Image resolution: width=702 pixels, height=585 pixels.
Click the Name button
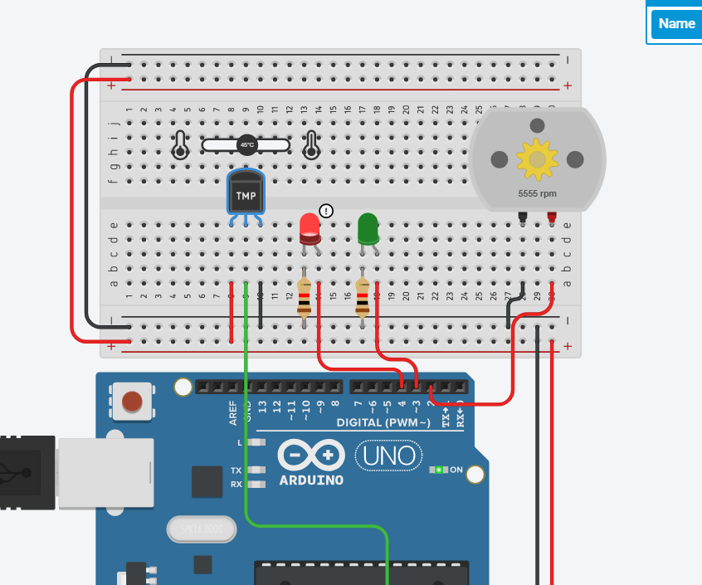(675, 23)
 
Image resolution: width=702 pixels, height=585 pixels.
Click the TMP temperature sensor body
(246, 195)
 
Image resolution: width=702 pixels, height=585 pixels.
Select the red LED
(309, 228)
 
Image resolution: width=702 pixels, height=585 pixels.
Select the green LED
(368, 228)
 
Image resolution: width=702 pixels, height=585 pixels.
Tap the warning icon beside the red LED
(326, 211)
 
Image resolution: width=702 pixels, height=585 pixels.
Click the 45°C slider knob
(246, 145)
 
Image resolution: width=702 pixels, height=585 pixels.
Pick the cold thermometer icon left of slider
(179, 145)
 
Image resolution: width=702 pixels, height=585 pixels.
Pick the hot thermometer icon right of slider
(311, 145)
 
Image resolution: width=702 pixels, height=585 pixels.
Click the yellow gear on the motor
(537, 159)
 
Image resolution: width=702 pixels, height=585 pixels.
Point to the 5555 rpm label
(537, 193)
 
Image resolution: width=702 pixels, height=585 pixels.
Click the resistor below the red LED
(305, 299)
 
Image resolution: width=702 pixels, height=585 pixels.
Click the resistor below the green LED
(363, 299)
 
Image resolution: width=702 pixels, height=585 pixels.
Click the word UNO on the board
(389, 456)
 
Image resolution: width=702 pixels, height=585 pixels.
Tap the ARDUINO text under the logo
(311, 480)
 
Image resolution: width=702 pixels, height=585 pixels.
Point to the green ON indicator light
(439, 470)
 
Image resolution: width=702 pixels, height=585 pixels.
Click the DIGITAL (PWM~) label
(383, 422)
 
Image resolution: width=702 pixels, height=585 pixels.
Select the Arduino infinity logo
(311, 455)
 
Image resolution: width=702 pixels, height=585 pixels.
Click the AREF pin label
(234, 412)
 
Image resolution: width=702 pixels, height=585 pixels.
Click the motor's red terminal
(551, 217)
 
